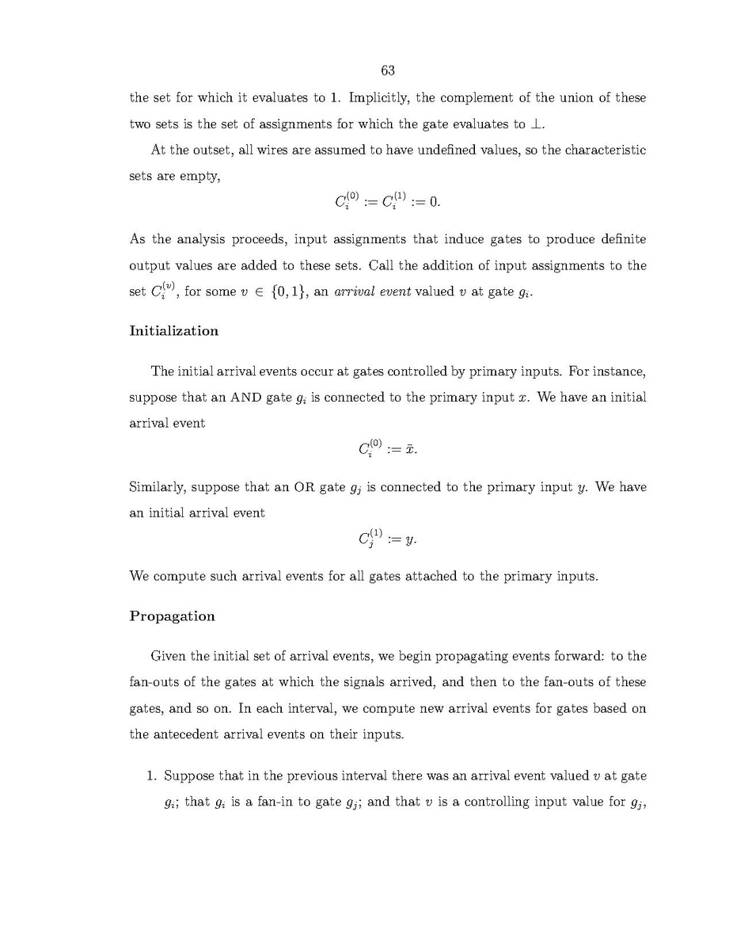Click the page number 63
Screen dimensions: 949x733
(x=388, y=71)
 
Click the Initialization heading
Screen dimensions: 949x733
(x=173, y=331)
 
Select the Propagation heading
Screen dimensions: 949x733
(x=172, y=616)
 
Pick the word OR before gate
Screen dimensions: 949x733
(x=305, y=487)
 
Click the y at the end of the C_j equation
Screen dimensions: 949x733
(x=409, y=540)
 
